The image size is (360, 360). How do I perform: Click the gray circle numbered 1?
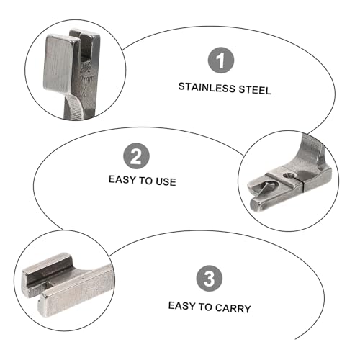coord(220,60)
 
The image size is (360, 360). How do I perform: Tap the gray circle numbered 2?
coord(136,156)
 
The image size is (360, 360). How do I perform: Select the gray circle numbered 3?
coord(210,279)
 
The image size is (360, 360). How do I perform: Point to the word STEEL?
coord(255,90)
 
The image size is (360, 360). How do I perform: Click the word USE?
coord(166,182)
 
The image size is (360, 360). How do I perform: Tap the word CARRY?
coord(233,309)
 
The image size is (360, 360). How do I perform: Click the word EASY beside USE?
coord(122,179)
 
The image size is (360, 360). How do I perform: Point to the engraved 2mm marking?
coord(86,79)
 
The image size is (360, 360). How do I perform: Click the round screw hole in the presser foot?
coord(289,176)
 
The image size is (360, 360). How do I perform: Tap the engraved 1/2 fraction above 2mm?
coord(86,68)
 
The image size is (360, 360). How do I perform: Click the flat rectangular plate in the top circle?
coord(62,63)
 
